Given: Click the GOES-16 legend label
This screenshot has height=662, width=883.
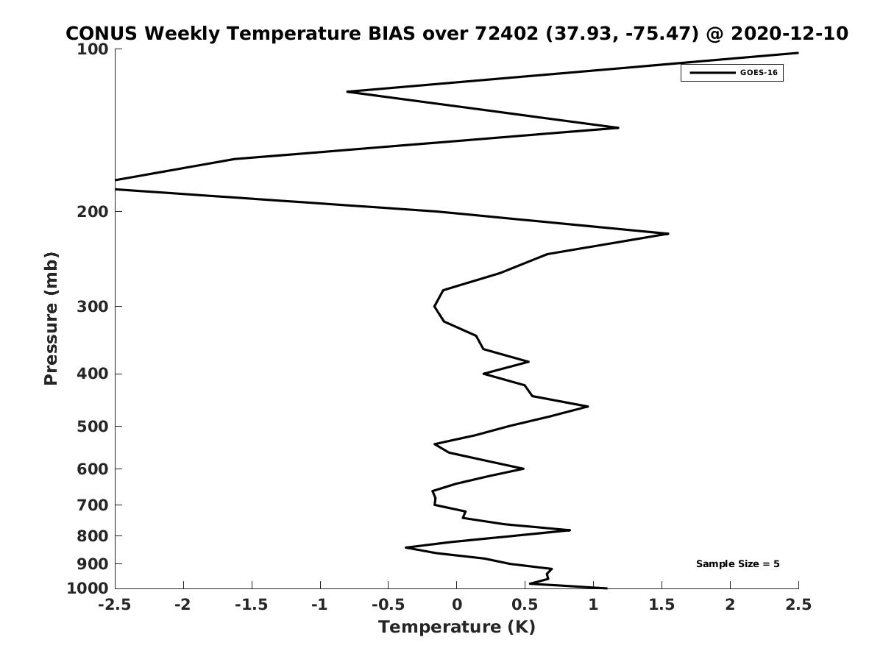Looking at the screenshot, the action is click(x=759, y=73).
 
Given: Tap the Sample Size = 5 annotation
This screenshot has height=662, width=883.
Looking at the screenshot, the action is click(x=738, y=564).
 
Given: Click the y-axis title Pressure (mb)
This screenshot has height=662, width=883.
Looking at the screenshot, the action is click(x=51, y=318).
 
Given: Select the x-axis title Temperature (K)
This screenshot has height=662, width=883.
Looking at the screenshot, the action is click(x=457, y=627).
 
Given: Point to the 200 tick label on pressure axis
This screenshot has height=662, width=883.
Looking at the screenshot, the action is click(x=93, y=211).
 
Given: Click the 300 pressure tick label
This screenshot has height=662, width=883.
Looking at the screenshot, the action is click(x=93, y=307).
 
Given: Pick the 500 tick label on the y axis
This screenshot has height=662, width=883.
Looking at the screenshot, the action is click(x=93, y=426).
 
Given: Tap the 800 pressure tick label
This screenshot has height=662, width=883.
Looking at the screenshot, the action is click(x=93, y=535).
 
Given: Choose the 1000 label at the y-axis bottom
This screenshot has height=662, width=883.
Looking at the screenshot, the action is click(x=88, y=588).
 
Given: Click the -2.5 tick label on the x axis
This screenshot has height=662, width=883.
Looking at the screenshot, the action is click(x=115, y=605).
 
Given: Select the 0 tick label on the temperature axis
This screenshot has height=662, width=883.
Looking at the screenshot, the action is click(x=457, y=605).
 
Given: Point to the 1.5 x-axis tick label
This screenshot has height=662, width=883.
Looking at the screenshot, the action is click(x=662, y=605).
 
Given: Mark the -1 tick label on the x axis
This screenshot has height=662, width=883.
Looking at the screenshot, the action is click(x=320, y=605).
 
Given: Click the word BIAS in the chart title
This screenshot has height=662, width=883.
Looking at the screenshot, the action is click(x=391, y=33).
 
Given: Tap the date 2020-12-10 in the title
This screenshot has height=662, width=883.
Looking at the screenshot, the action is click(x=790, y=33).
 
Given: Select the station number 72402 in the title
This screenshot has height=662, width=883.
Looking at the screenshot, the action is click(x=506, y=33).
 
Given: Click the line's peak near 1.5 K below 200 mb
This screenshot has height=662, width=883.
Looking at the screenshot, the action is click(x=668, y=233).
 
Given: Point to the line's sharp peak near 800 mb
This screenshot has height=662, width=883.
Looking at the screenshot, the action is click(x=570, y=530).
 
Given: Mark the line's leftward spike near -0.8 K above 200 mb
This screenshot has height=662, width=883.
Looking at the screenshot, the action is click(x=347, y=92).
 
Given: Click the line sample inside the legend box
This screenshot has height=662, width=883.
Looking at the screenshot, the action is click(x=712, y=73).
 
